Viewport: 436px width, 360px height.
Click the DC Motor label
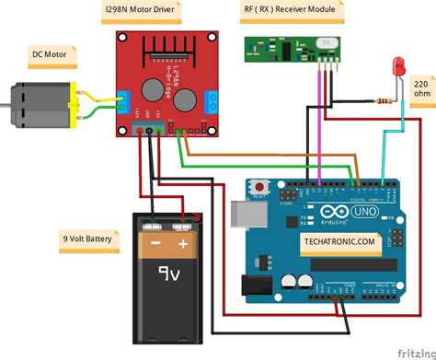(x=49, y=55)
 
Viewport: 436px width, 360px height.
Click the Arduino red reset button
(x=260, y=188)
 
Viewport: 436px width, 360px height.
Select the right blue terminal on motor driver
(x=212, y=100)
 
